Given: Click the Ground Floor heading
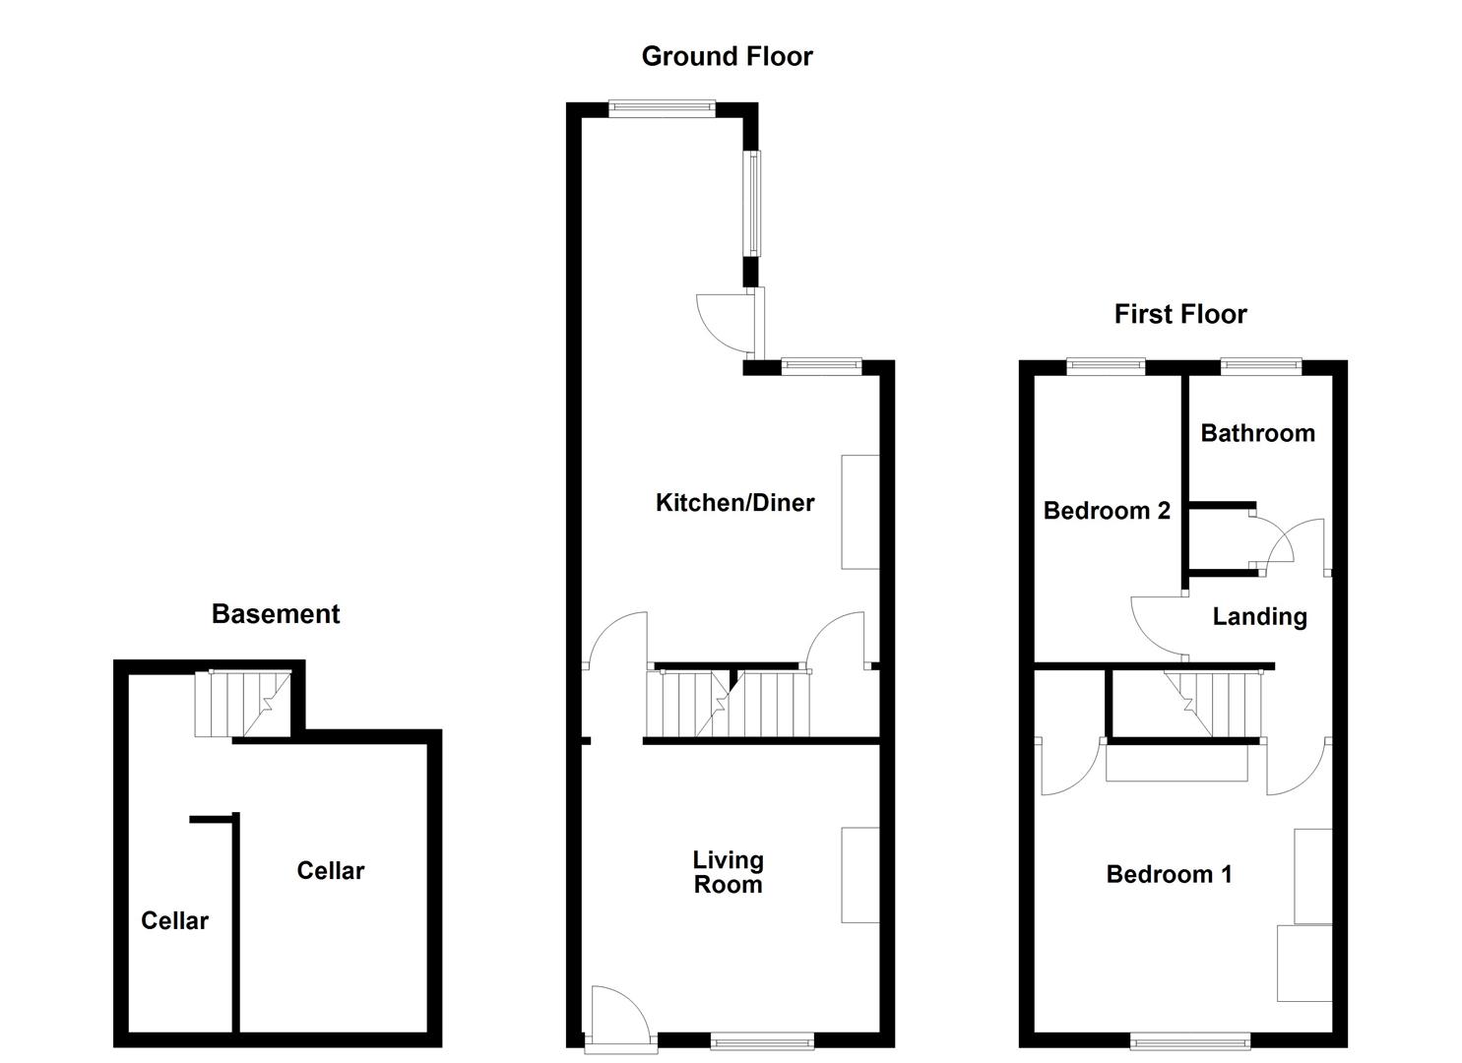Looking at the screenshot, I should coord(727,56).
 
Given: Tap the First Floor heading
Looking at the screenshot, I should coord(1179,314).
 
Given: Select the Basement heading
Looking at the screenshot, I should coord(276,614).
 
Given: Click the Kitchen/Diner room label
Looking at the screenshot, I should coord(734,503).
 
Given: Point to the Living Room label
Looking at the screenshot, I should coord(728,873).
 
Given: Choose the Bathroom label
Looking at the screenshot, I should coord(1257,433).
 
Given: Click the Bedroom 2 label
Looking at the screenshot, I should coord(1107,511).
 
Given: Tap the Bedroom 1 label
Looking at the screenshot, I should coord(1169,874).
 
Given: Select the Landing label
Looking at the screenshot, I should coord(1259,617).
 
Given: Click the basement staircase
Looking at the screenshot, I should coord(242,703).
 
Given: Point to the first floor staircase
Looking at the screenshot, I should coord(1213,703).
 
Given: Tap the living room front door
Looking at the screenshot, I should coord(617,1014).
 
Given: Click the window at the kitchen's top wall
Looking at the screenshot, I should coord(661,109).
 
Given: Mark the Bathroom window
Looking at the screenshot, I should coord(1261,367).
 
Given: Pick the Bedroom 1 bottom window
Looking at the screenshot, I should coord(1189,1040).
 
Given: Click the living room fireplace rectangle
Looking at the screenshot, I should coord(859,875).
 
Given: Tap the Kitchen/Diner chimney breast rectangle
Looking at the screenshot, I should coord(859,512).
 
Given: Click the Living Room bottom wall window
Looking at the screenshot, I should coord(762,1040).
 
